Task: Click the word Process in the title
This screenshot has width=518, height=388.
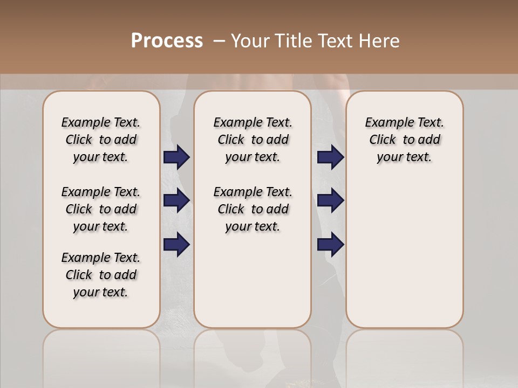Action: click(x=167, y=41)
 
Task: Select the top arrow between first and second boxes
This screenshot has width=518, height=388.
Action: click(x=176, y=157)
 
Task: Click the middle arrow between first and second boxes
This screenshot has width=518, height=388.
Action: click(x=176, y=200)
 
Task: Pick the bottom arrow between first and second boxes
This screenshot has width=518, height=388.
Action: click(x=176, y=245)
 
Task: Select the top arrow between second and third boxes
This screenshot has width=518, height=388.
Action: click(x=330, y=157)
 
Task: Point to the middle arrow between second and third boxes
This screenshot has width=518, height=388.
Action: click(x=330, y=200)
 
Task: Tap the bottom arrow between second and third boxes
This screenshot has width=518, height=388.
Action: click(x=330, y=245)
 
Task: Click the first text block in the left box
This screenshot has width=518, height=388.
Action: click(x=101, y=140)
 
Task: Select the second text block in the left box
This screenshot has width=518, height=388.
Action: click(x=101, y=209)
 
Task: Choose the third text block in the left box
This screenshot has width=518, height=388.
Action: click(x=101, y=275)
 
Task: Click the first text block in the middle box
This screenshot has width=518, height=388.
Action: click(x=253, y=140)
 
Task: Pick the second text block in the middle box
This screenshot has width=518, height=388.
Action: click(x=253, y=209)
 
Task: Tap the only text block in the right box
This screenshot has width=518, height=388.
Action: click(x=405, y=140)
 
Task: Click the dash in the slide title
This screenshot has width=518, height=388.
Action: click(x=219, y=41)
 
